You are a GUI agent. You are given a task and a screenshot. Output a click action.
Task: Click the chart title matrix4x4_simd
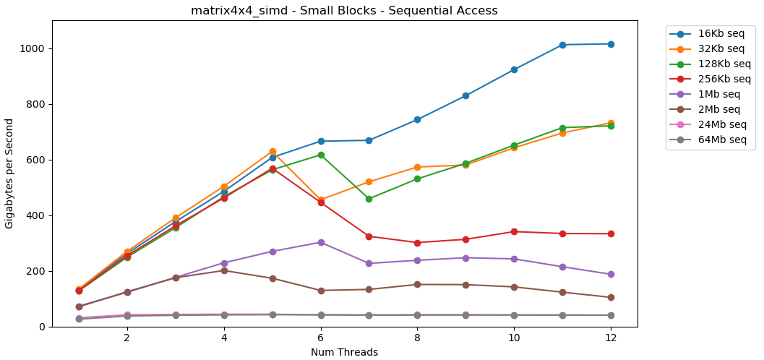coord(344,11)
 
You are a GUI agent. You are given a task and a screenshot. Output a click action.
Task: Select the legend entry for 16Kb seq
coord(721,34)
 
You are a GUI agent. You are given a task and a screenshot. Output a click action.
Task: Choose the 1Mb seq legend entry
coord(718,95)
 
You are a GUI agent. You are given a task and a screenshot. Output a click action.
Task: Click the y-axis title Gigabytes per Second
coord(9,173)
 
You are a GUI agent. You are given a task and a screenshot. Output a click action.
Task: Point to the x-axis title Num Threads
coord(344,353)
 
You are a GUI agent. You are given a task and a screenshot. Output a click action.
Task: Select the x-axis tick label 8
coord(417,338)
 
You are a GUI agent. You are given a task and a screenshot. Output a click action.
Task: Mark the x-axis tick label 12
coord(611,338)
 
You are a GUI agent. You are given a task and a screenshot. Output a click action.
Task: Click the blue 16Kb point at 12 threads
coord(611,44)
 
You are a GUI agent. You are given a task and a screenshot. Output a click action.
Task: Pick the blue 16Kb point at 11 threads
coord(562,45)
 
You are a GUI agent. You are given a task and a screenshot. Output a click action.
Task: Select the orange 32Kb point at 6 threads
coord(321,200)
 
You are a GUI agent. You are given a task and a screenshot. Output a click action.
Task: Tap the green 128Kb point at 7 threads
coord(369,199)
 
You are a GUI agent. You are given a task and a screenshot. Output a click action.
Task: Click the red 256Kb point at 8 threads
coord(417,243)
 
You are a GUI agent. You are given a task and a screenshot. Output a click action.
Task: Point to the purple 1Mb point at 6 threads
coord(321,242)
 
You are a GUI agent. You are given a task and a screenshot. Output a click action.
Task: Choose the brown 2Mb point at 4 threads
coord(224,270)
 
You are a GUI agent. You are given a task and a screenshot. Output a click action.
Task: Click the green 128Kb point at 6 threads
coord(321,155)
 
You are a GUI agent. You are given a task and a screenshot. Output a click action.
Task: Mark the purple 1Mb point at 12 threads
coord(611,275)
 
